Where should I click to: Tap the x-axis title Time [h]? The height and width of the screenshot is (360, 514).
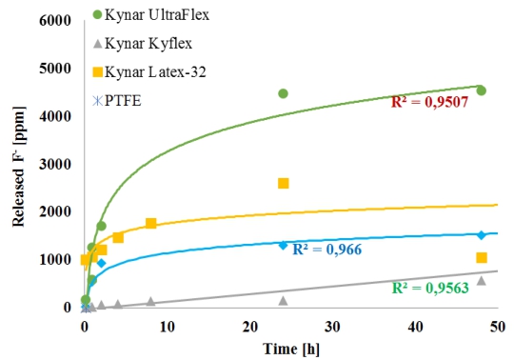click(x=290, y=349)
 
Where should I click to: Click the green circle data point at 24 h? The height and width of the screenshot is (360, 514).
click(x=283, y=93)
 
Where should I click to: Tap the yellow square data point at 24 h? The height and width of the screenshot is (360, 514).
click(x=283, y=183)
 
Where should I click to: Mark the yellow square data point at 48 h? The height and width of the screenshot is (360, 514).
click(x=482, y=257)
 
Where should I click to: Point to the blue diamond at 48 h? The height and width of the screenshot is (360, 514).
click(x=482, y=234)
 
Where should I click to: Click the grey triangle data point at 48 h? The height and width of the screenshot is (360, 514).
click(x=482, y=280)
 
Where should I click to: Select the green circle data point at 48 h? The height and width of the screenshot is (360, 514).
click(x=482, y=90)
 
